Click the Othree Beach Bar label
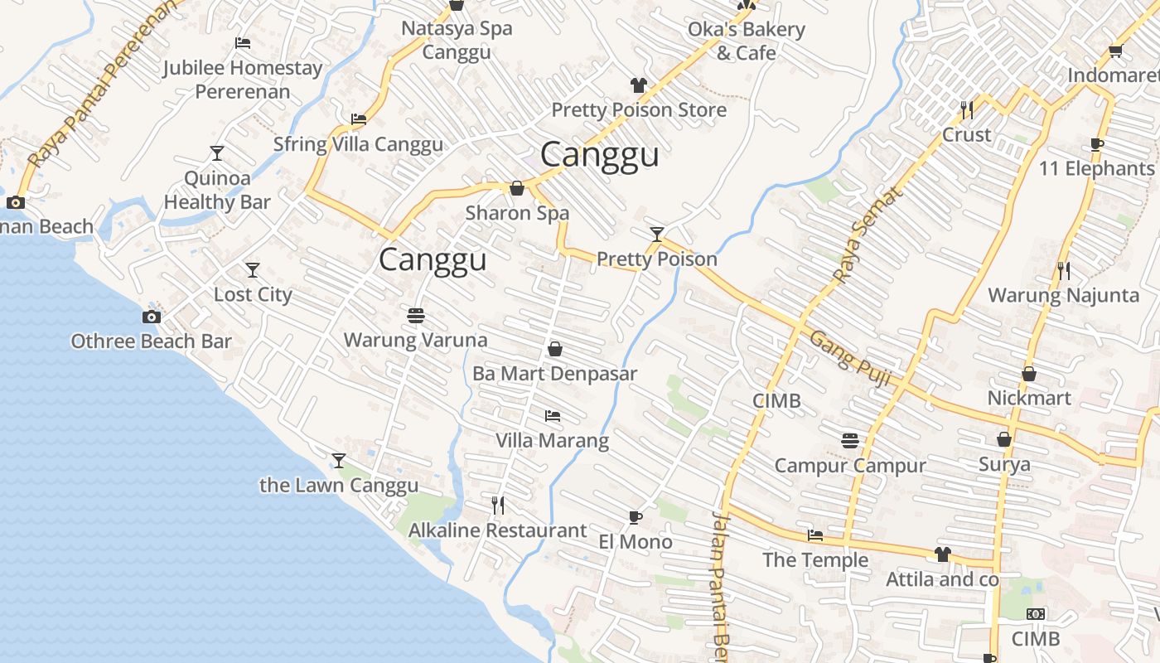click(x=151, y=341)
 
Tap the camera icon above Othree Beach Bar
click(x=151, y=317)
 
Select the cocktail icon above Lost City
click(x=253, y=270)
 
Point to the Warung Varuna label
click(x=415, y=340)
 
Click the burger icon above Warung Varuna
click(x=416, y=316)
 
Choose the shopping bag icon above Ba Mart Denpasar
click(x=555, y=350)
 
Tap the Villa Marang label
click(x=552, y=440)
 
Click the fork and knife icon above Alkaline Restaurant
click(x=498, y=505)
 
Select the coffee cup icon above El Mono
click(x=636, y=518)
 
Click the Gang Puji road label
click(x=850, y=358)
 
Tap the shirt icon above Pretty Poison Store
click(x=639, y=85)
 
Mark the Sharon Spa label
click(x=517, y=213)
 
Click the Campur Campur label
click(x=850, y=465)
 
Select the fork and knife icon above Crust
click(x=966, y=109)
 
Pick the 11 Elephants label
click(x=1096, y=169)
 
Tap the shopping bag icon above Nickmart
click(x=1029, y=374)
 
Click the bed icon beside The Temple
click(x=815, y=535)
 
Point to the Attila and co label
click(x=943, y=579)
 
